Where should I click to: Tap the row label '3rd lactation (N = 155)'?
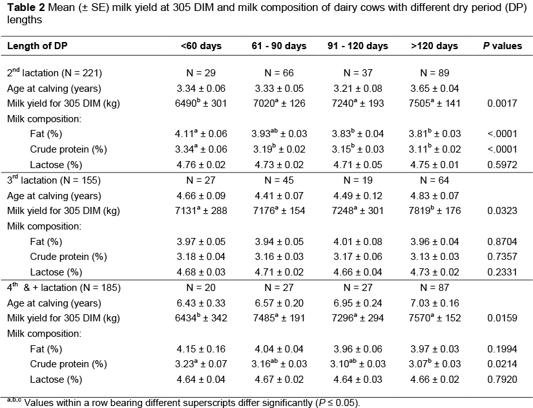(x=54, y=180)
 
